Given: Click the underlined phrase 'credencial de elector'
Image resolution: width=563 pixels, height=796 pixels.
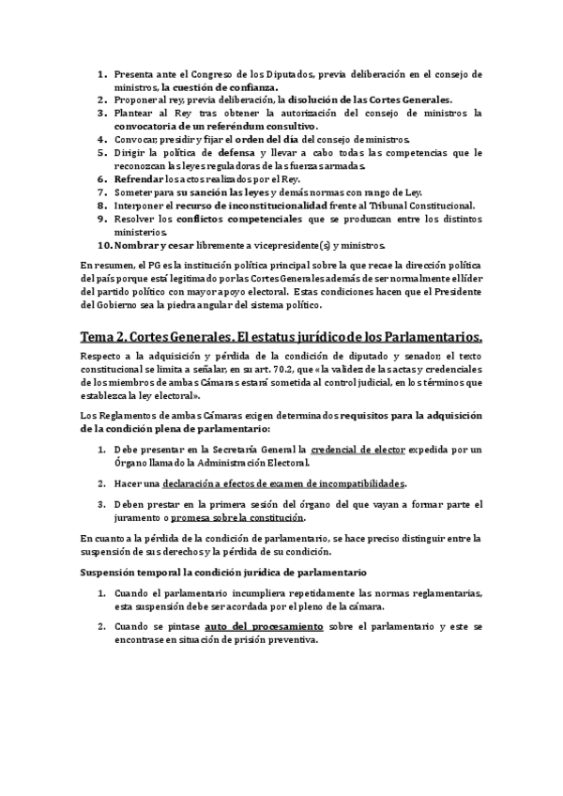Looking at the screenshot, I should (x=359, y=451).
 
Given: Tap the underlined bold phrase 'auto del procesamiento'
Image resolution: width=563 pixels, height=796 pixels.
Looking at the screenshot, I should (x=265, y=625).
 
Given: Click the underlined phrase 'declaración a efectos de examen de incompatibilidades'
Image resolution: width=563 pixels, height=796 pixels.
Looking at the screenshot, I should (x=283, y=483).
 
